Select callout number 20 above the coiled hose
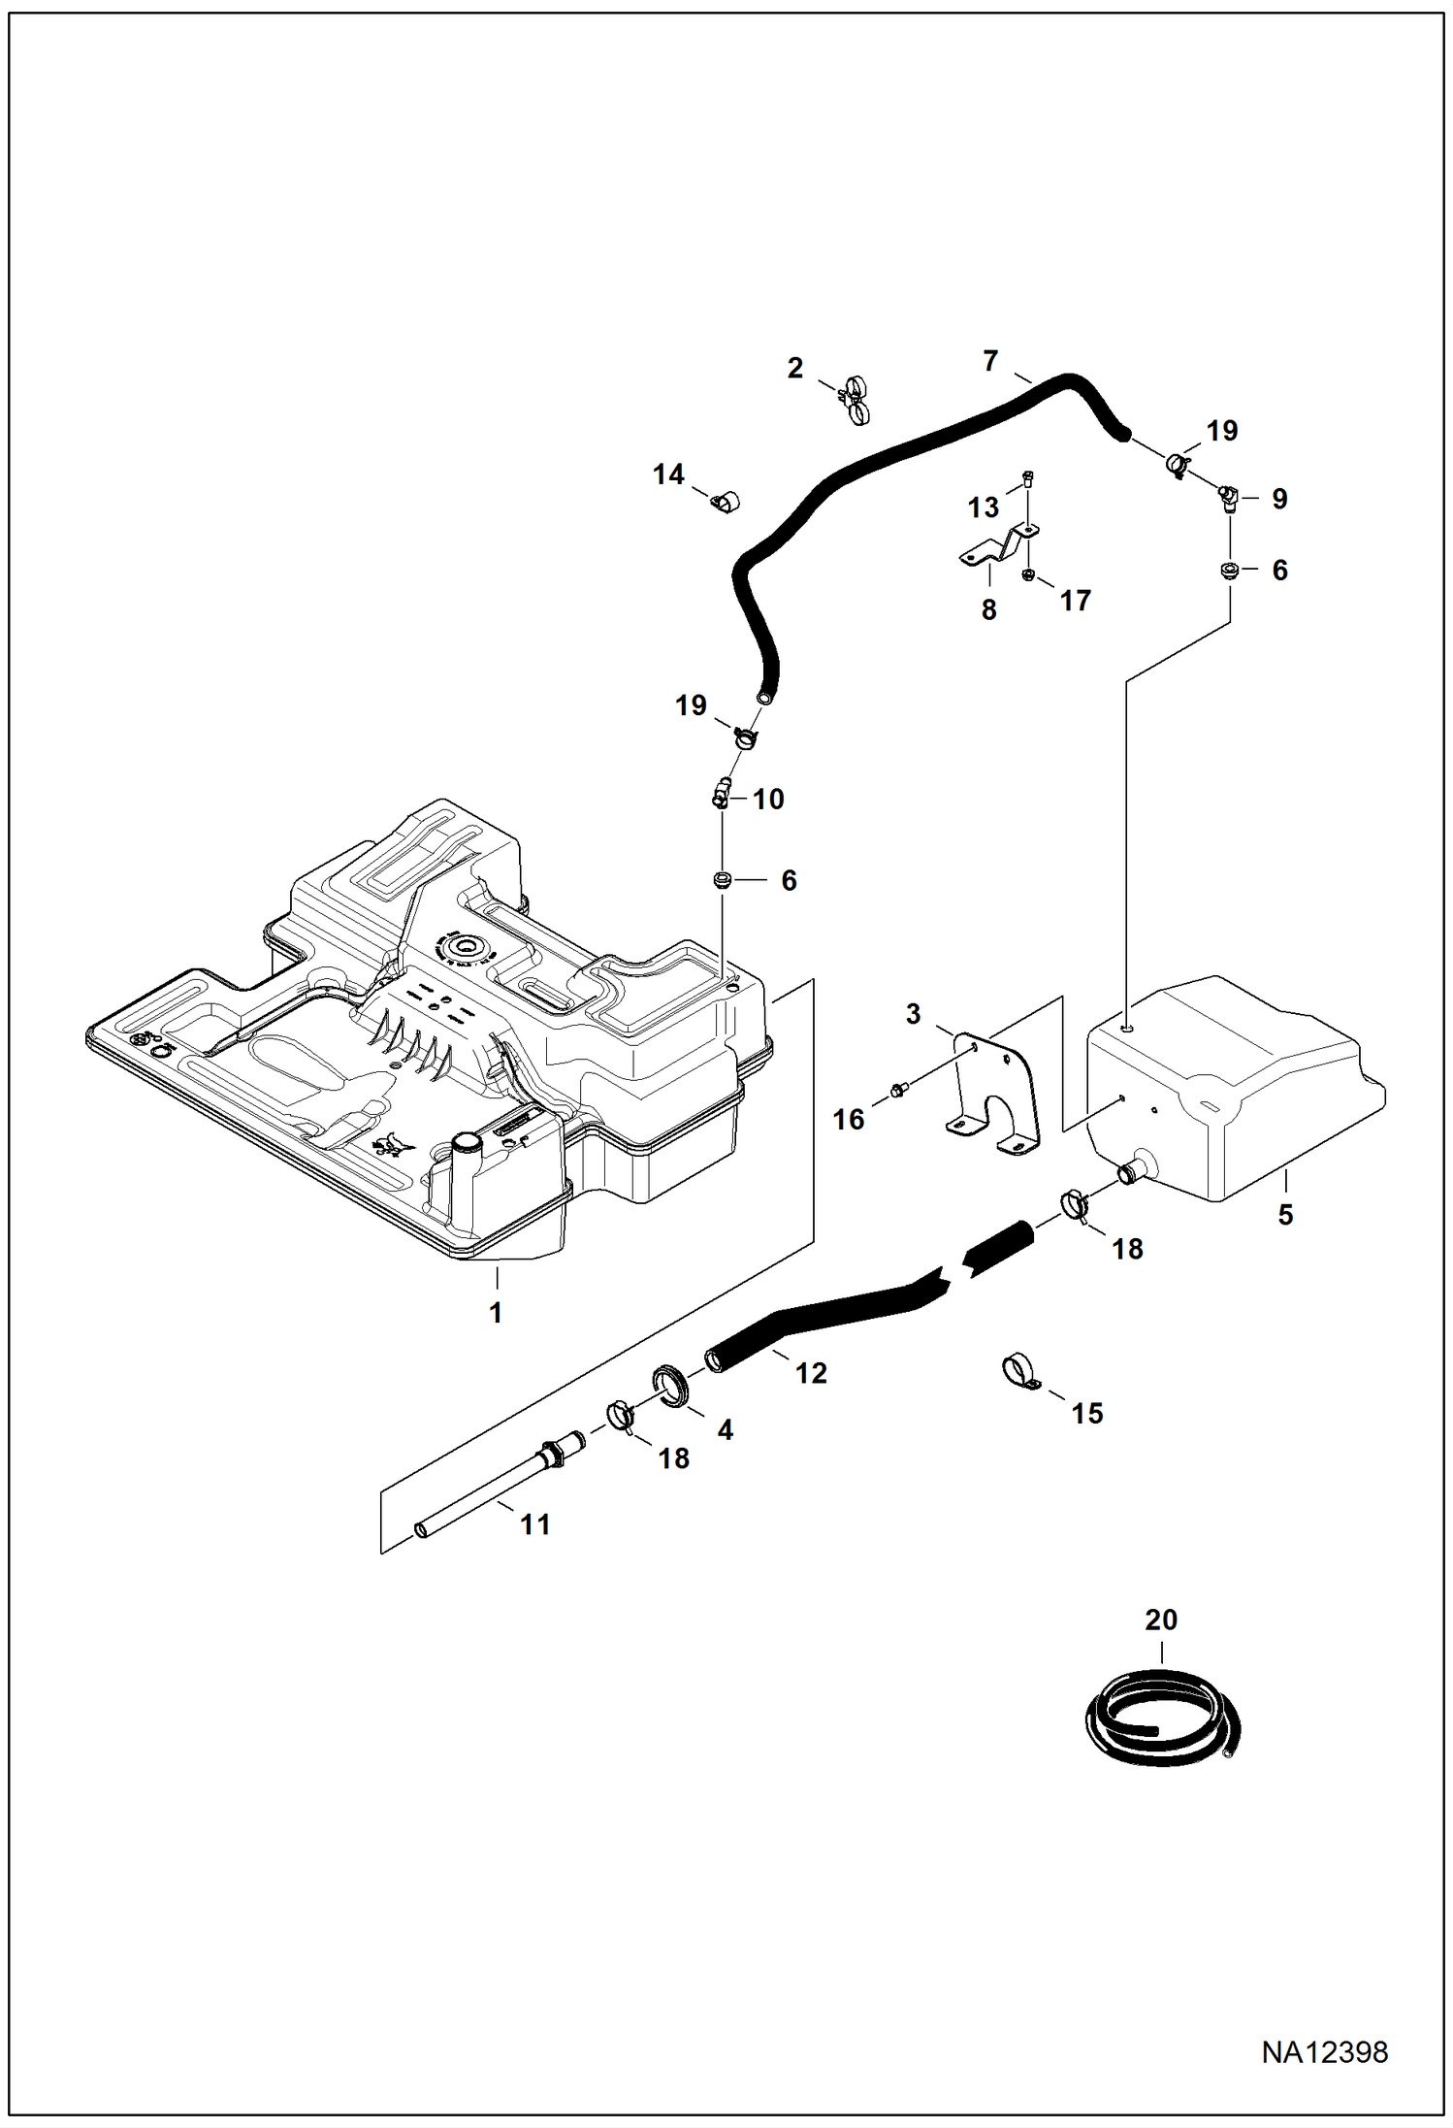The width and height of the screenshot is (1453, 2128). (x=1161, y=1621)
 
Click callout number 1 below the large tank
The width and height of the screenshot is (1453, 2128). (x=496, y=1313)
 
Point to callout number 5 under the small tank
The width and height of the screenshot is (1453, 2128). (x=1285, y=1214)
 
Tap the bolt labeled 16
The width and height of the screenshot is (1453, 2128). (x=897, y=1094)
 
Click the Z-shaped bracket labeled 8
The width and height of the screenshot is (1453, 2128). (x=994, y=549)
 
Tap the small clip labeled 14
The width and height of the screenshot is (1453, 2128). (x=724, y=503)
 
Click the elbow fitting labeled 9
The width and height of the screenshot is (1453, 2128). (x=1228, y=499)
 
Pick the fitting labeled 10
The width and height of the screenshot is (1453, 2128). (x=722, y=796)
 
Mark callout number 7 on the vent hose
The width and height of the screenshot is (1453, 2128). (x=990, y=362)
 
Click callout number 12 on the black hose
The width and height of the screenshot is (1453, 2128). (x=812, y=1372)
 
